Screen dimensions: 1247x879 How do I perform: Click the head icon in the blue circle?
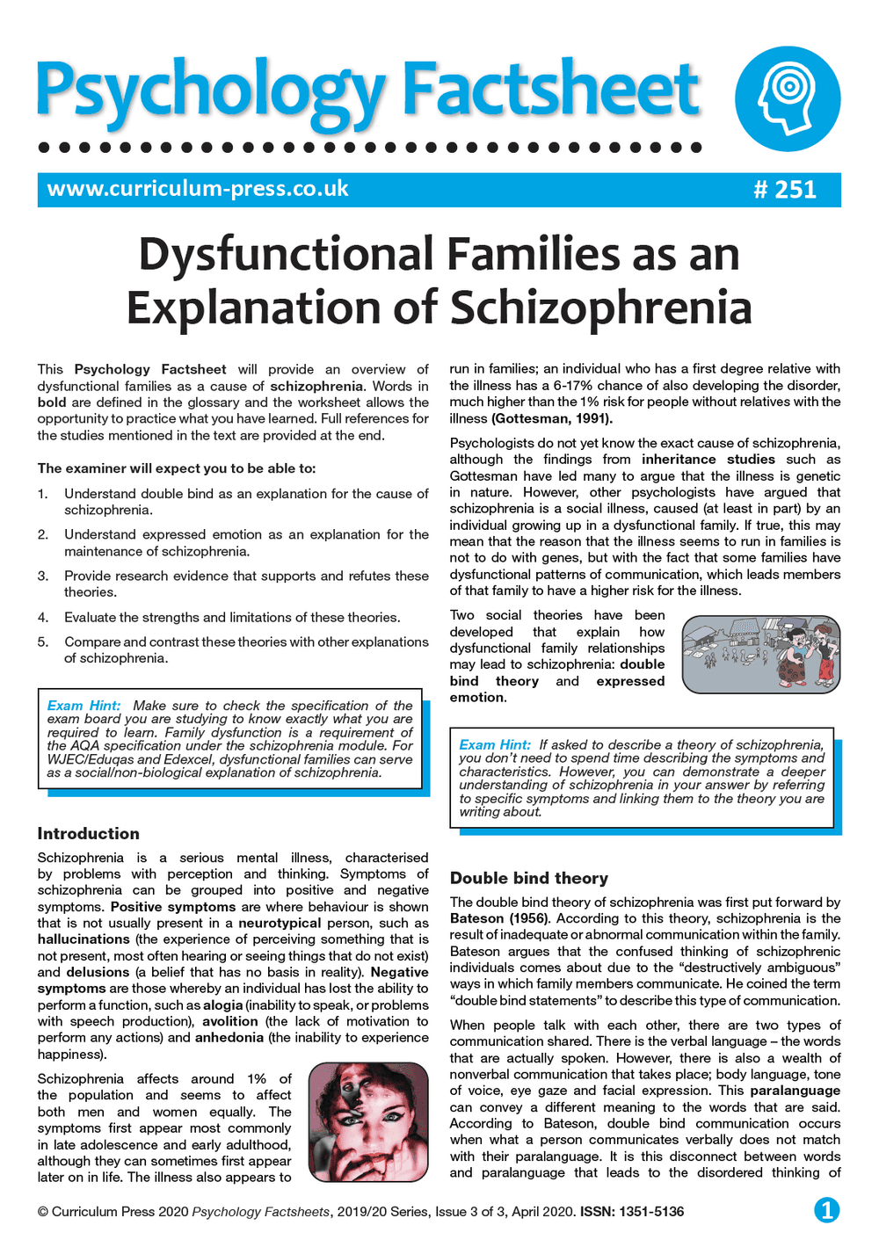point(787,99)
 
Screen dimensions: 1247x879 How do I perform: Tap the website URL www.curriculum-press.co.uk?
point(198,189)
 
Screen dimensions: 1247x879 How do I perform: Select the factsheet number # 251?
point(785,190)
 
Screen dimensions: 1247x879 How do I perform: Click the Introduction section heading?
point(88,833)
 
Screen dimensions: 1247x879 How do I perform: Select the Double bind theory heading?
point(528,878)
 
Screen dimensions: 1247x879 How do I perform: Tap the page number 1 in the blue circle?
point(826,1210)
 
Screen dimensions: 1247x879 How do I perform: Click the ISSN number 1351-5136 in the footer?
point(651,1212)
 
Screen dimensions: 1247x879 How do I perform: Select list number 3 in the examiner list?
point(43,576)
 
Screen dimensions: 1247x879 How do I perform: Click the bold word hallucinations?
point(84,939)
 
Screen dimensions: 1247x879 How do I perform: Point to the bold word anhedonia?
point(229,1038)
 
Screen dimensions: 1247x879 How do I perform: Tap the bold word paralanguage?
point(795,1091)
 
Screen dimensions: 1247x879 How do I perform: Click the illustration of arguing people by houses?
point(760,655)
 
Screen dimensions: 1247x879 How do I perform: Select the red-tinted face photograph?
point(369,1122)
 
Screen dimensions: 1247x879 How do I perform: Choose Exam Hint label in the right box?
point(495,744)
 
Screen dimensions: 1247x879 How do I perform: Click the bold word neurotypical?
point(280,923)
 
